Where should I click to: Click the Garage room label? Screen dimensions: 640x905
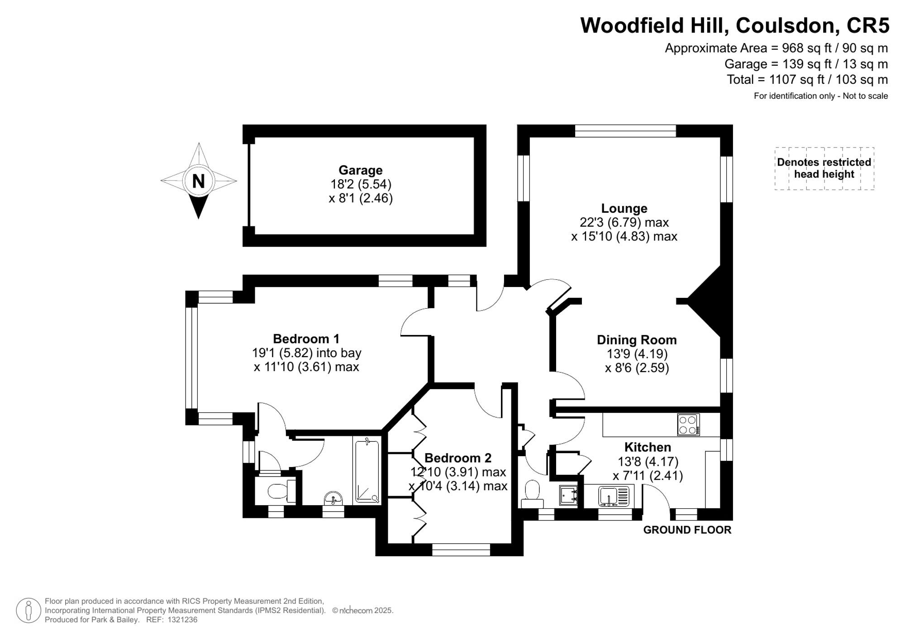(361, 170)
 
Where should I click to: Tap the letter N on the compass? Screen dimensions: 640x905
(198, 181)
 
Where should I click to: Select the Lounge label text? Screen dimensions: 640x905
(624, 208)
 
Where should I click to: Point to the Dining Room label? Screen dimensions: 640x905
(637, 340)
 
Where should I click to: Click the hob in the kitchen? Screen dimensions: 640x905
(688, 425)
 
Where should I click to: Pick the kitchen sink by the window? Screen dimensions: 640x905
(613, 496)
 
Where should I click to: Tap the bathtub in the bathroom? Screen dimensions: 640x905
(367, 470)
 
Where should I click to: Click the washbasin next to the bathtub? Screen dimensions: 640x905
(334, 498)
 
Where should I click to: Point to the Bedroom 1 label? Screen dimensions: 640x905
(306, 339)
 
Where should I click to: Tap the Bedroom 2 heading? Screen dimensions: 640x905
(457, 458)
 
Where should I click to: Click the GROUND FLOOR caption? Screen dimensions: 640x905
(687, 530)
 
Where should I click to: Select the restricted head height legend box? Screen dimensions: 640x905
(824, 168)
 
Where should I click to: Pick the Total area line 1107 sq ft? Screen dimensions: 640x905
(807, 80)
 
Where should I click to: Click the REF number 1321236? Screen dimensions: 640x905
(182, 620)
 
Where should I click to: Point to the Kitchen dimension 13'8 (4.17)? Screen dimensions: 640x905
(648, 461)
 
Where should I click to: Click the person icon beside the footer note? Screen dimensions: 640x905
(29, 610)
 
